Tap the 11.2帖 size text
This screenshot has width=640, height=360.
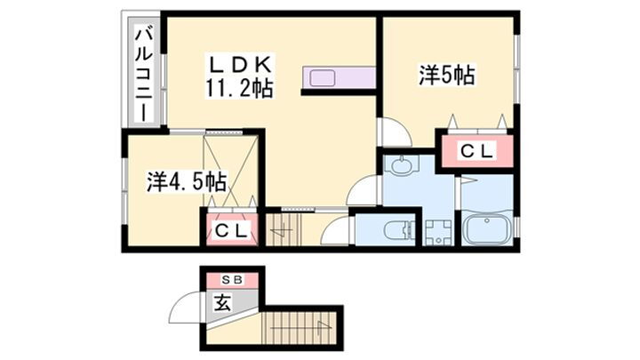tap(238, 87)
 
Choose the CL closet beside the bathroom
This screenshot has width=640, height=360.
tap(475, 152)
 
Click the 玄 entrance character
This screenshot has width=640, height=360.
tap(222, 302)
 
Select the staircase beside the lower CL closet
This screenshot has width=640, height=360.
tap(286, 232)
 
